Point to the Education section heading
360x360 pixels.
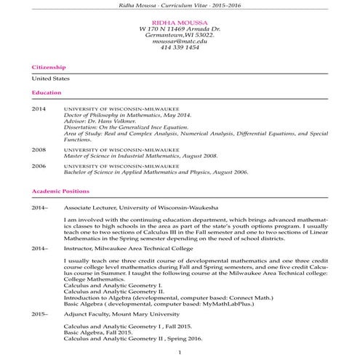pyautogui.click(x=47, y=92)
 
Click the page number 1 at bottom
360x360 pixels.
pyautogui.click(x=180, y=353)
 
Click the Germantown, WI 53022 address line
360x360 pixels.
pyautogui.click(x=180, y=35)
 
